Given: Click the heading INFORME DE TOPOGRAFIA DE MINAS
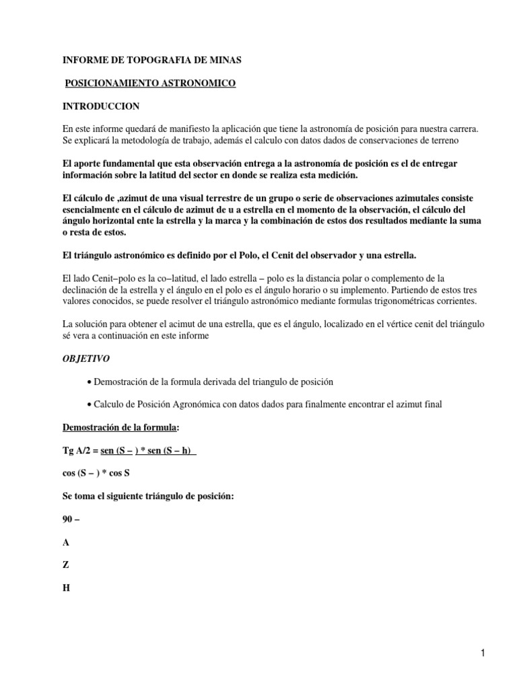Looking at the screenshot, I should point(151,61).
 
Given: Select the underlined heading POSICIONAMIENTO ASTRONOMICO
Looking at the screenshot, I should point(150,83).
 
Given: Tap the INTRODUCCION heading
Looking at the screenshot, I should point(101,106).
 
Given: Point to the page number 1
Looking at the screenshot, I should point(483,652).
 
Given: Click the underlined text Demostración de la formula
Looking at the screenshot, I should point(120,427).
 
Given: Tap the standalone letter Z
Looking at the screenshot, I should point(65,565).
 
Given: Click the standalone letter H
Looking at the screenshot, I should point(66,587).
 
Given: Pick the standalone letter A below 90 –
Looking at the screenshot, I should point(66,542).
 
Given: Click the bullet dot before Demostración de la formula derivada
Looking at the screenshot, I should point(90,382).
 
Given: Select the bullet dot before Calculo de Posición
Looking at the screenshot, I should point(90,404).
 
